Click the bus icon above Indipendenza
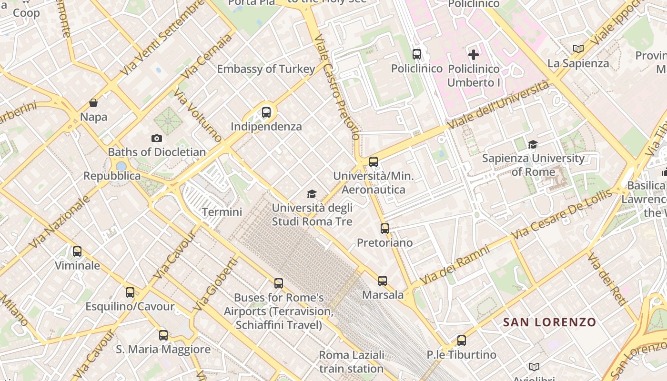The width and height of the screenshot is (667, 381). click(266, 112)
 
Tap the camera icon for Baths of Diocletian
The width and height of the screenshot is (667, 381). click(156, 139)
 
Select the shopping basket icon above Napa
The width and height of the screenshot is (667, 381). click(93, 103)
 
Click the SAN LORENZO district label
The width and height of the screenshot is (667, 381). click(549, 322)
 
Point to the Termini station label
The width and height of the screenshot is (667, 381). click(222, 212)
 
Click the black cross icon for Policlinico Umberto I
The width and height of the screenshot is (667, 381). click(474, 55)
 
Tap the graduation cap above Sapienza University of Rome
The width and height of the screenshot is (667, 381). click(533, 144)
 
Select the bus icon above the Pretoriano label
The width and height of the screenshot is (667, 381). click(385, 229)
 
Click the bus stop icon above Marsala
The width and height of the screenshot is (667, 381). click(383, 281)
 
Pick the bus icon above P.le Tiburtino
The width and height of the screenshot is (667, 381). click(461, 341)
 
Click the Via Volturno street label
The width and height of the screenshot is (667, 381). click(198, 115)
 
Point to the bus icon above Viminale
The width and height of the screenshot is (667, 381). click(77, 251)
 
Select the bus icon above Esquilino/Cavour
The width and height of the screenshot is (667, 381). click(130, 292)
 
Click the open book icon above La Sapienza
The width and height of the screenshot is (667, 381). click(578, 49)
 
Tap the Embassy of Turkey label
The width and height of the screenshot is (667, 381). click(266, 69)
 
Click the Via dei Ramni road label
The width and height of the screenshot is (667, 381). click(455, 265)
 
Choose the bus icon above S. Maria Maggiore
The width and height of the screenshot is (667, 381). click(163, 335)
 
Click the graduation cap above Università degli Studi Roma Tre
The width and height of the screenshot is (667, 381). click(312, 194)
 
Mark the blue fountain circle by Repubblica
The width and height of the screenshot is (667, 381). click(121, 166)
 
